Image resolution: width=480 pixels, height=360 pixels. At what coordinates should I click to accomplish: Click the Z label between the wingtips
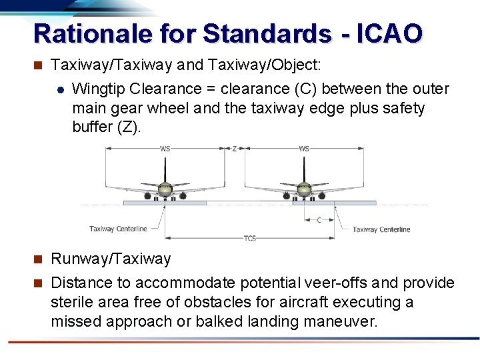pyautogui.click(x=235, y=148)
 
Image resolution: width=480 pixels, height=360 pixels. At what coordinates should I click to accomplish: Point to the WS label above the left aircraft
pyautogui.click(x=165, y=148)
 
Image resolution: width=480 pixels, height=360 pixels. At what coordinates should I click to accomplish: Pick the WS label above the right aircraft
pyautogui.click(x=305, y=148)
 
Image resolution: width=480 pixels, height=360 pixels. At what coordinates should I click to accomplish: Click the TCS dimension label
pyautogui.click(x=250, y=238)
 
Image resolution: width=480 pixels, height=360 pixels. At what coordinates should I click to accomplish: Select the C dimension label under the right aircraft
pyautogui.click(x=319, y=220)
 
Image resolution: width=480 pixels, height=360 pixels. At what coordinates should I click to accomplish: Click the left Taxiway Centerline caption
pyautogui.click(x=118, y=229)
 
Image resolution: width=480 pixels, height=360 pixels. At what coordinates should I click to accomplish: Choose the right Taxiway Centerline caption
pyautogui.click(x=381, y=229)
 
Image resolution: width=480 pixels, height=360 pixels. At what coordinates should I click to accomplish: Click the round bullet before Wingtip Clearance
pyautogui.click(x=60, y=89)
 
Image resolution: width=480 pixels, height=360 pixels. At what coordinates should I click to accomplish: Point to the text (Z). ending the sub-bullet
pyautogui.click(x=129, y=127)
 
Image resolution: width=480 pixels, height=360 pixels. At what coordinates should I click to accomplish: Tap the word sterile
pyautogui.click(x=71, y=302)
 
